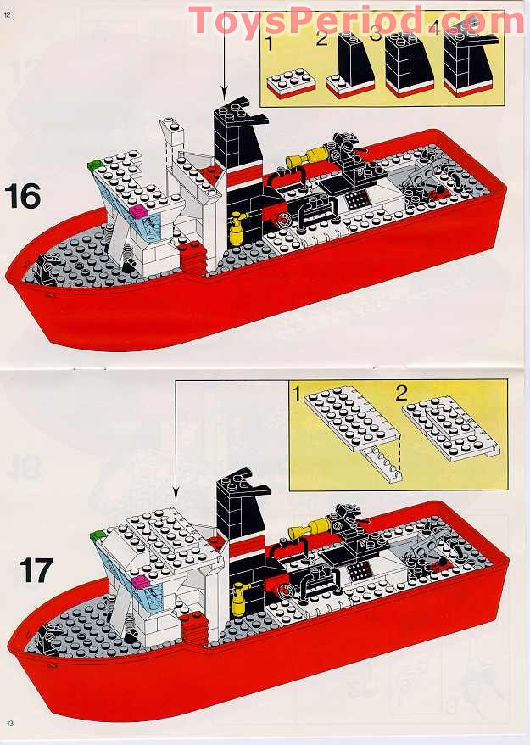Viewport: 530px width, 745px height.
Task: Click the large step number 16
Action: pyautogui.click(x=23, y=196)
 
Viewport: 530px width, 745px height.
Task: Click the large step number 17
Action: pyautogui.click(x=35, y=569)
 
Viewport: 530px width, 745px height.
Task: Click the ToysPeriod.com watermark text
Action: pyautogui.click(x=356, y=20)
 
